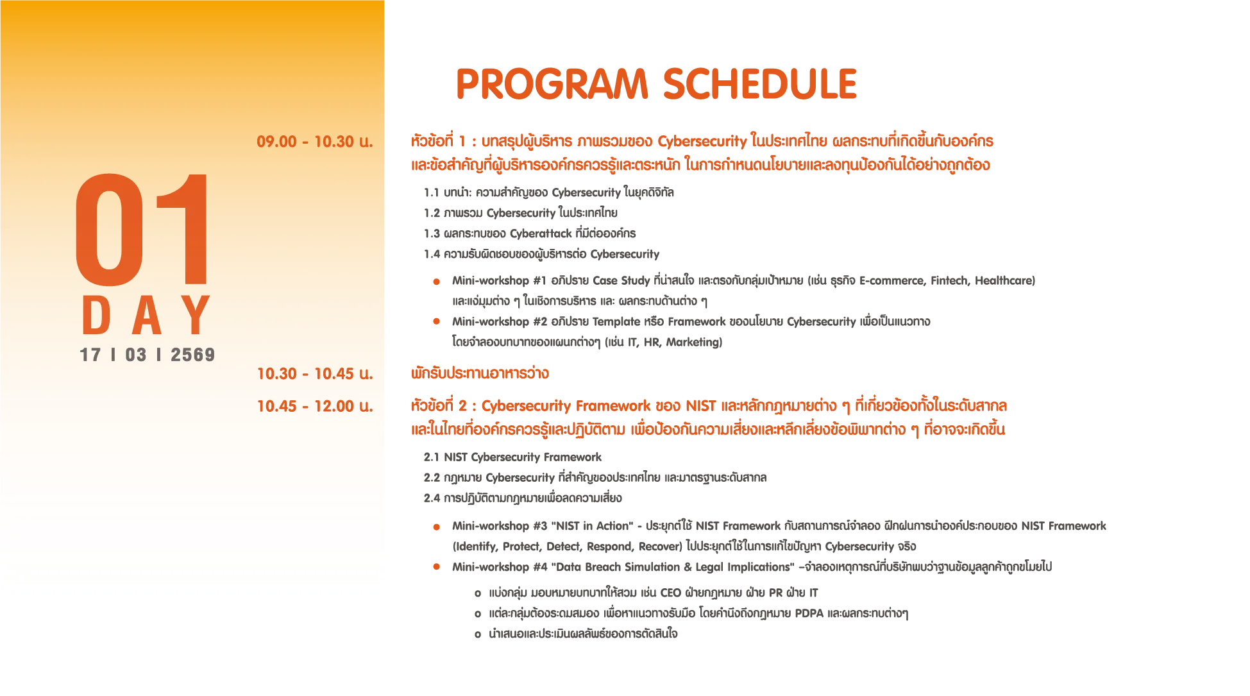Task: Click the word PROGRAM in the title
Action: click(x=552, y=84)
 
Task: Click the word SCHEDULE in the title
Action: click(x=760, y=84)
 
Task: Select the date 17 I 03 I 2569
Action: click(x=148, y=355)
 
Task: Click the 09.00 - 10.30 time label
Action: click(x=314, y=141)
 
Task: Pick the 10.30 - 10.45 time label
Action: click(x=314, y=373)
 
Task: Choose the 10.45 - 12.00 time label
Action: click(x=314, y=406)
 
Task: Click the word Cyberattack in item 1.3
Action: click(x=541, y=233)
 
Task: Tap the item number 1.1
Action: click(x=432, y=192)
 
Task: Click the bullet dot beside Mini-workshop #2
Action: click(x=436, y=321)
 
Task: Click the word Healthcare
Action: click(x=1003, y=280)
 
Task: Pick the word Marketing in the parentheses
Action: click(x=693, y=342)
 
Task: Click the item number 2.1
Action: click(x=432, y=457)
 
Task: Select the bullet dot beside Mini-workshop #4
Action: click(x=436, y=566)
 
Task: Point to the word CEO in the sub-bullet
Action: click(x=670, y=593)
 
